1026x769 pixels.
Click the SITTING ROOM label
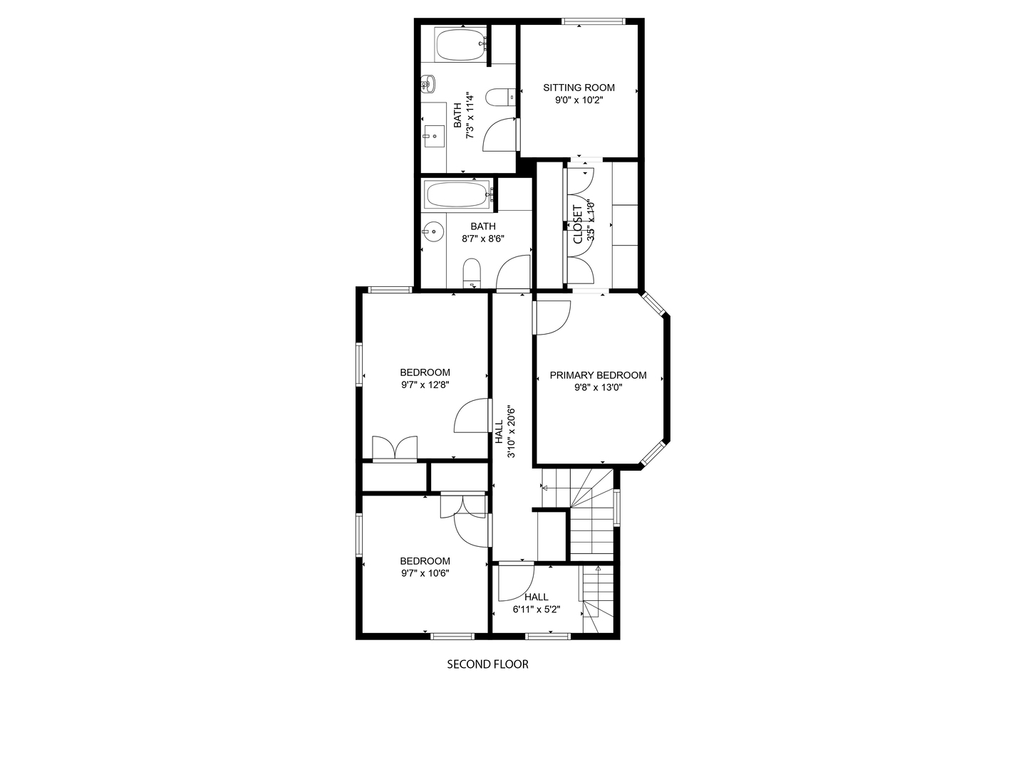579,88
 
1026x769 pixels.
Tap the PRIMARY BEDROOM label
598,375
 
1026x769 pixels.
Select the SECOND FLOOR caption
487,664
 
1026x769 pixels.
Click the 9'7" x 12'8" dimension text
425,384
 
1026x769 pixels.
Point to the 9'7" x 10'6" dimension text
425,573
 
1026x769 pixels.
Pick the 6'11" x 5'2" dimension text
536,609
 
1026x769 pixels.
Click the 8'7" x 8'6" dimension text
483,239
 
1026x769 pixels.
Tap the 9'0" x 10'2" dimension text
579,100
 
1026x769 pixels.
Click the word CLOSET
578,224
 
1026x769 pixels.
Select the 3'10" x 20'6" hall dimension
511,431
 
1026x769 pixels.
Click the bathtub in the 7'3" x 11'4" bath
460,44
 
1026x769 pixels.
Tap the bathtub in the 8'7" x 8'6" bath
457,194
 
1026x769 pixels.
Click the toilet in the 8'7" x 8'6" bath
472,273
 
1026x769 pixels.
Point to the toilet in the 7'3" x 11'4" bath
500,97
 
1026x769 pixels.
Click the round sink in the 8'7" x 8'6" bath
432,231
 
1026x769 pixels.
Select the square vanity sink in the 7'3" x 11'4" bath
434,136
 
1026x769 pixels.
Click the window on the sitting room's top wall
593,21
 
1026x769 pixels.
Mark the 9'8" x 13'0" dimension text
598,387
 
